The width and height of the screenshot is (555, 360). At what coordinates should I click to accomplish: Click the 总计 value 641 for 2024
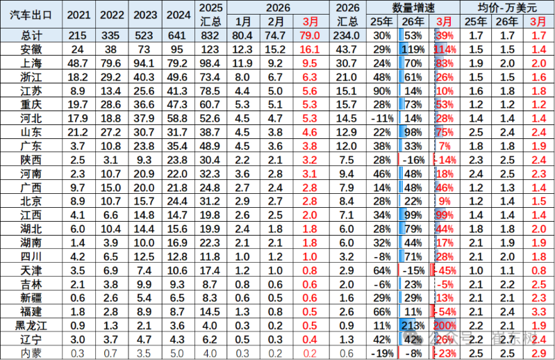[178, 35]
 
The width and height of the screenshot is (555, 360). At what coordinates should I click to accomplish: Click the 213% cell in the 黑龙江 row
[414, 325]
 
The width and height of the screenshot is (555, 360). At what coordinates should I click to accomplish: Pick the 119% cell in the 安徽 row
[414, 49]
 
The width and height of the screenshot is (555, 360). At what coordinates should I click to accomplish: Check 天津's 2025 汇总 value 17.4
[210, 270]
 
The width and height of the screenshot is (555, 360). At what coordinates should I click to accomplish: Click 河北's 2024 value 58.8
[178, 117]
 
